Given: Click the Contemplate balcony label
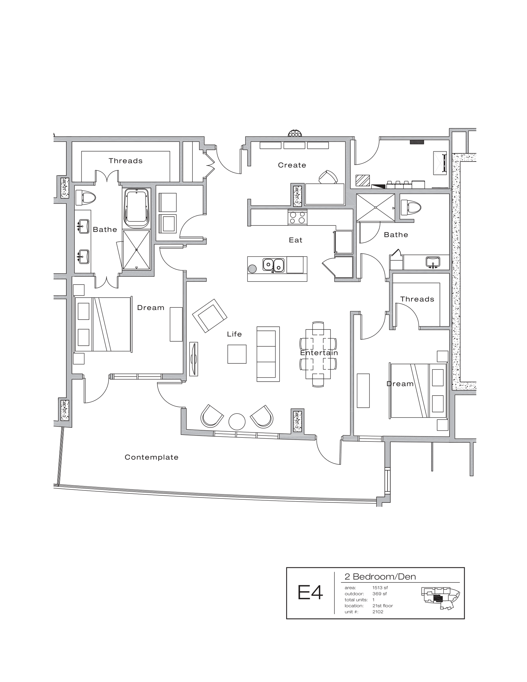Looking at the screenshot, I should point(151,457).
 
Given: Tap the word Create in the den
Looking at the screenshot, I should point(292,165).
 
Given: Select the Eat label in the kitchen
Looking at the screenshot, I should point(295,240).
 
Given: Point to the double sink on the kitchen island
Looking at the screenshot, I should point(273,265).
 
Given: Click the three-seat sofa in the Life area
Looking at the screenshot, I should point(268,354).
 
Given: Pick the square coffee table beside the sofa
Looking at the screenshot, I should point(237,354).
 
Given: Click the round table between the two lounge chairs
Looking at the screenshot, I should point(237,422).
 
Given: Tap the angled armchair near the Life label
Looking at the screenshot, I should point(210,315).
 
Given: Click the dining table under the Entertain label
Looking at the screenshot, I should point(318,354).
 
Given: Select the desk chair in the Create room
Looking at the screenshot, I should point(328,177).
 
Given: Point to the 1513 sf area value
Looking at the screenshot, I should point(380,588).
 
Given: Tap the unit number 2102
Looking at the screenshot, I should point(378,612).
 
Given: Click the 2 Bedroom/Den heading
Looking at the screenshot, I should point(380,577).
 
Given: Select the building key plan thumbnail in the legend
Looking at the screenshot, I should point(440,598).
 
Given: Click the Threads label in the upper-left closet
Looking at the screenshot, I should point(126,161).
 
